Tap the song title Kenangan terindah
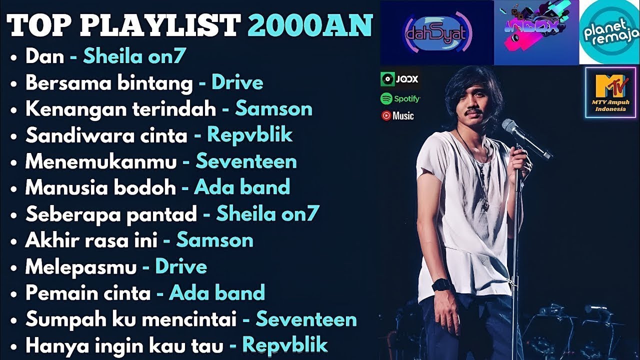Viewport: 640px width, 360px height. pos(120,109)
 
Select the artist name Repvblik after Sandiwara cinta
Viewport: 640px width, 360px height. pos(250,135)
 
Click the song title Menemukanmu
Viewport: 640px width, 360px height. pos(101,161)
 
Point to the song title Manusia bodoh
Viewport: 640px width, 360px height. pos(100,187)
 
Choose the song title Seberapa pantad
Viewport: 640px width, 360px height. pos(111,214)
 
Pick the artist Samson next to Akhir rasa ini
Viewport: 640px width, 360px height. pos(215,240)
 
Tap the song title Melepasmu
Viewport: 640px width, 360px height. pos(81,266)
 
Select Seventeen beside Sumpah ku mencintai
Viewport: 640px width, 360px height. pos(306,319)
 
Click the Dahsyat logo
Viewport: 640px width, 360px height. pos(436,33)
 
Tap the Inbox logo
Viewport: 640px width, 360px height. pos(536,32)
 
